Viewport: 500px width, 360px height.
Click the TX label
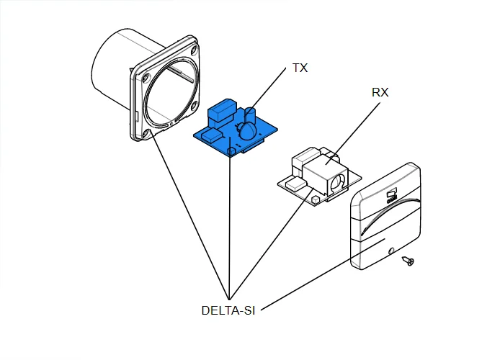pos(300,68)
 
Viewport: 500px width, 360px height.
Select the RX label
pos(381,93)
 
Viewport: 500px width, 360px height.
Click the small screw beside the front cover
pos(410,260)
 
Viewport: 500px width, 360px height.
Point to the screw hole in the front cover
pos(390,251)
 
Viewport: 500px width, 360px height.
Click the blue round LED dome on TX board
pos(246,130)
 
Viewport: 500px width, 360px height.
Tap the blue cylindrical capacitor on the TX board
pos(251,114)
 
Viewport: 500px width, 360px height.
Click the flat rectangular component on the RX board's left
pos(295,185)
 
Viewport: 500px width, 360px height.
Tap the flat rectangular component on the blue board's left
pos(212,135)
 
